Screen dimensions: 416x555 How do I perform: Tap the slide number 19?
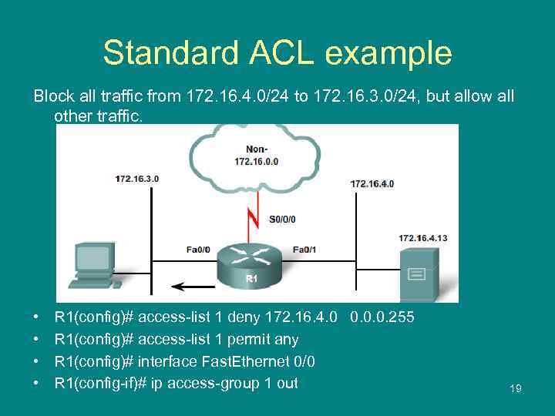pyautogui.click(x=515, y=389)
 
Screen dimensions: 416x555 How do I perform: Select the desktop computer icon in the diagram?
pyautogui.click(x=95, y=267)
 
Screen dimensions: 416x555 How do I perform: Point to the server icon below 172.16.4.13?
pyautogui.click(x=417, y=273)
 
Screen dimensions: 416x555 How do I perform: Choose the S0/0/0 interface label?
pyautogui.click(x=282, y=219)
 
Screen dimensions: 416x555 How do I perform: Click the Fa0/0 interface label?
pyautogui.click(x=199, y=249)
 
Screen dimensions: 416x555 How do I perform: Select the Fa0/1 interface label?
pyautogui.click(x=304, y=249)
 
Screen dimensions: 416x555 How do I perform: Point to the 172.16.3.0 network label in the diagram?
pyautogui.click(x=137, y=179)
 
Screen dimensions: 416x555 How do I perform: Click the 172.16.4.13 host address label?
pyautogui.click(x=422, y=238)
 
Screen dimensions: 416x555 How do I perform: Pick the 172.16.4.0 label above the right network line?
pyautogui.click(x=372, y=183)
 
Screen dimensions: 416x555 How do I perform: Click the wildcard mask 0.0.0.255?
pyautogui.click(x=382, y=317)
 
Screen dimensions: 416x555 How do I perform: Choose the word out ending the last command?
pyautogui.click(x=287, y=383)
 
